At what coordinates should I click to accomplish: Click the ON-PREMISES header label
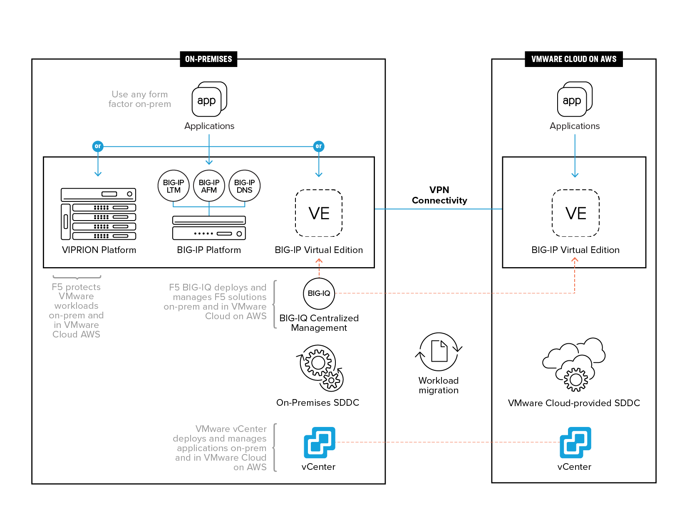pos(208,59)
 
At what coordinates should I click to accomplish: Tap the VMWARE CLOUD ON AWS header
pos(573,59)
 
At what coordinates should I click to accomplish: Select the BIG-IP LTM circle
pos(174,186)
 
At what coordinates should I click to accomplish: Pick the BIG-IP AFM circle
pos(209,186)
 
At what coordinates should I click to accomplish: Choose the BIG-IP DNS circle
pos(244,186)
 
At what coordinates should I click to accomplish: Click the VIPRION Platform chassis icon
pos(98,214)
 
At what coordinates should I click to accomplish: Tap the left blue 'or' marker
pos(98,146)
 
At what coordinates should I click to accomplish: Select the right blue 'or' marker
pos(319,146)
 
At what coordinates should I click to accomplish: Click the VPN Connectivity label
pos(439,195)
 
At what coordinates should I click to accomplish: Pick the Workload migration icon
pos(439,352)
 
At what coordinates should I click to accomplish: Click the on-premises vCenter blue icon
pos(319,442)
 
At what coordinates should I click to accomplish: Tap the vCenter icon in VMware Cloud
pos(575,442)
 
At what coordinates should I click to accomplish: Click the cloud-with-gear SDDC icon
pos(574,365)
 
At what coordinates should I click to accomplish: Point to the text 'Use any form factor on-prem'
pos(140,99)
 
